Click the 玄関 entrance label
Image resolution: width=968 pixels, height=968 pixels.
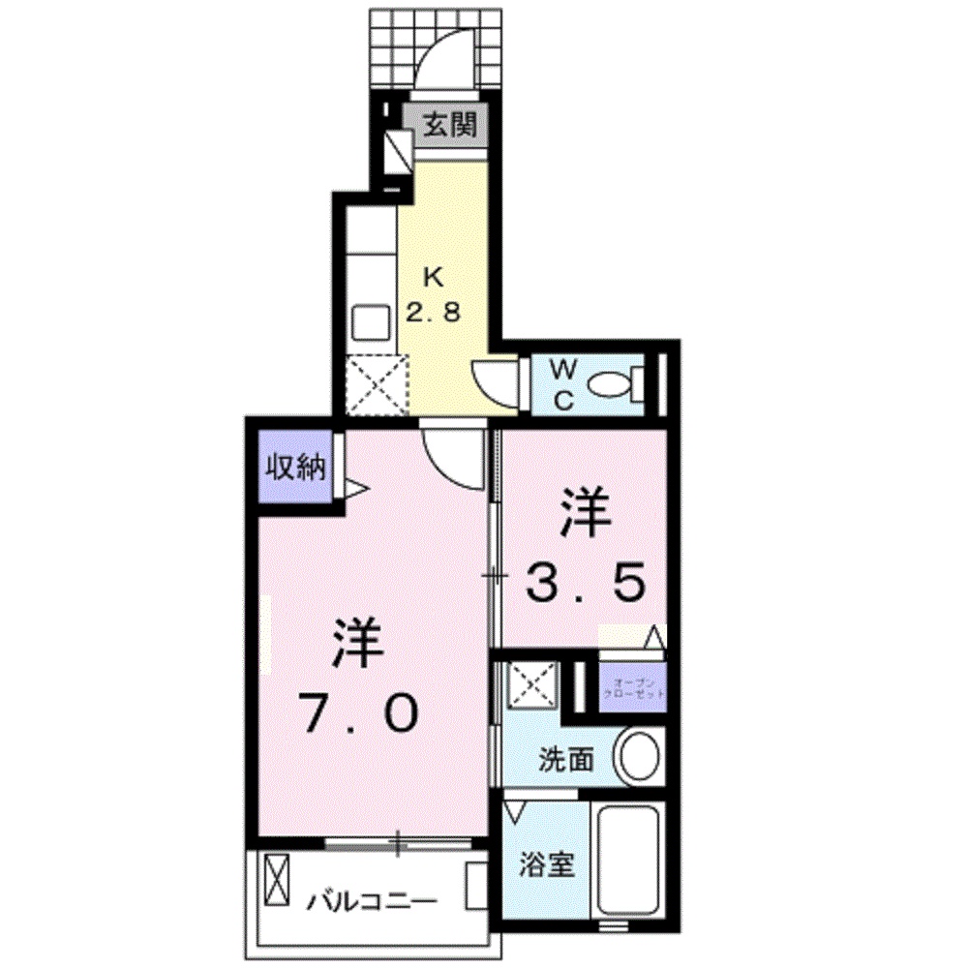[x=453, y=125]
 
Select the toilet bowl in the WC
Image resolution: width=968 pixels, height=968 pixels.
[x=611, y=385]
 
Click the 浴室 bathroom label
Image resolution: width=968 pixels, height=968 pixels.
[x=547, y=863]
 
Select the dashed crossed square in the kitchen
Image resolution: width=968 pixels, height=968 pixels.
[x=375, y=383]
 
